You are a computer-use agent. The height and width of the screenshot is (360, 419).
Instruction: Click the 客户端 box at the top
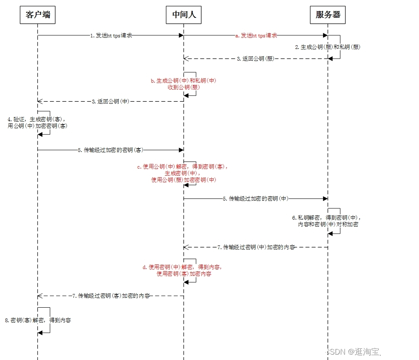37,15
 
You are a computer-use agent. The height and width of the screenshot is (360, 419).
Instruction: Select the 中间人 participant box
184,15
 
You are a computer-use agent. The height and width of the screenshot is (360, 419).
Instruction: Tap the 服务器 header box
328,15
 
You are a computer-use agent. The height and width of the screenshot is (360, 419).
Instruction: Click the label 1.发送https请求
111,36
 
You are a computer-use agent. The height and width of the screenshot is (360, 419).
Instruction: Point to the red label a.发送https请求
256,36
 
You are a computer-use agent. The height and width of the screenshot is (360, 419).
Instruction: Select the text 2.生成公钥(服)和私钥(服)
328,47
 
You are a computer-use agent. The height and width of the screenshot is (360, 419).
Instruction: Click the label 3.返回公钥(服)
256,59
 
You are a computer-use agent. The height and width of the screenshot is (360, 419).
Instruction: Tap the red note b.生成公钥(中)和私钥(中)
183,81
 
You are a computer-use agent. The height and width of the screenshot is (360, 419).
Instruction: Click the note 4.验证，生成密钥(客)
37,119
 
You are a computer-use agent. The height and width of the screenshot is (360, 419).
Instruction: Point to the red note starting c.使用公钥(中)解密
183,167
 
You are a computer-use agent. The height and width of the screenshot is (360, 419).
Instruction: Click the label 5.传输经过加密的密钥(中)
256,198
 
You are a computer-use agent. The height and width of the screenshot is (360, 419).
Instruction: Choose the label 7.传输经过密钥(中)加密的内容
256,247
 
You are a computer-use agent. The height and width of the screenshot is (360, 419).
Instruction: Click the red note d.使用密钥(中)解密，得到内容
183,267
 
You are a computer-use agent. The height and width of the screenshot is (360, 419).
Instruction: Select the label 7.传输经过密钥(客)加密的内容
111,296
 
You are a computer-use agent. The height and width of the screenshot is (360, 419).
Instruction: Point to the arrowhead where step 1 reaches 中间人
181,36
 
